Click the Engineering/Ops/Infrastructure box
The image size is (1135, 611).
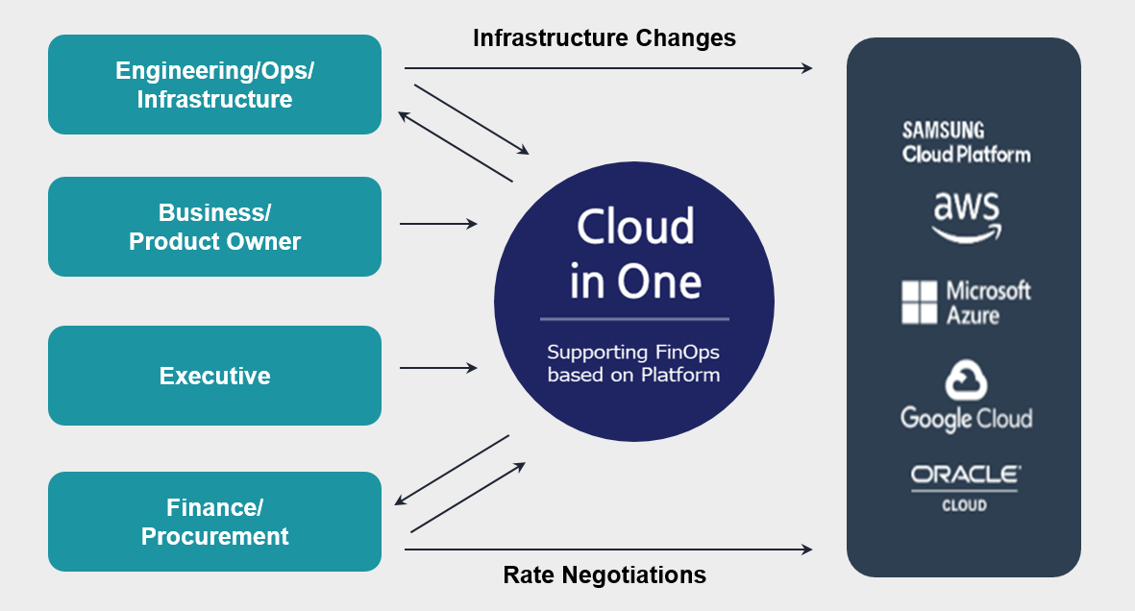click(x=214, y=85)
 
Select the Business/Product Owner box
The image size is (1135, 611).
click(x=214, y=227)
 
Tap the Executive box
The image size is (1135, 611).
click(x=214, y=376)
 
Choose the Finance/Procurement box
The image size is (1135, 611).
click(x=214, y=522)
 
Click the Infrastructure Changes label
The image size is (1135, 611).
click(x=605, y=38)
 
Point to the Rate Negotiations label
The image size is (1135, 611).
click(x=605, y=575)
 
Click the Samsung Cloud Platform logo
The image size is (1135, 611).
click(x=965, y=142)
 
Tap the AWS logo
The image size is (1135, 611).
click(x=966, y=217)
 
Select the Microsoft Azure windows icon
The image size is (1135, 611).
click(x=919, y=302)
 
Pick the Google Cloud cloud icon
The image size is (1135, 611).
click(x=966, y=380)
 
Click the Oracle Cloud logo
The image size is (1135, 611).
click(x=965, y=487)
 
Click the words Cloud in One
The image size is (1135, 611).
click(x=635, y=254)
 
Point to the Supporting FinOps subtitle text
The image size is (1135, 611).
click(x=633, y=363)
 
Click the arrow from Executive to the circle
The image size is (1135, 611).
click(x=438, y=368)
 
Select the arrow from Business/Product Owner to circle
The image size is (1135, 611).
click(x=438, y=224)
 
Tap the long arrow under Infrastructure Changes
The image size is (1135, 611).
click(x=607, y=68)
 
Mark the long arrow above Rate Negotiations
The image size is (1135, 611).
click(x=607, y=550)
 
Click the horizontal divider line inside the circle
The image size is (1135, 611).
click(x=634, y=318)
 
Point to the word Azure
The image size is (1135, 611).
click(x=973, y=315)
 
